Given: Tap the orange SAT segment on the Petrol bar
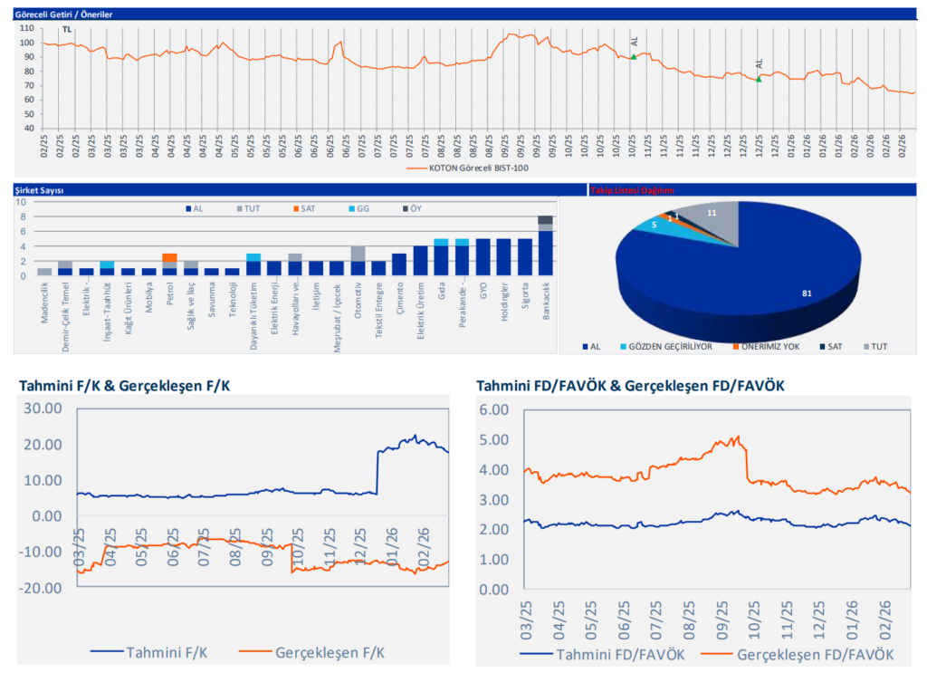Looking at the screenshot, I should tap(169, 257).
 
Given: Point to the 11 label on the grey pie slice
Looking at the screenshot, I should tap(712, 212).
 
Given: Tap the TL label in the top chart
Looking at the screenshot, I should tap(66, 30).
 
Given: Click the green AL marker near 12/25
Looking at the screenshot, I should tap(759, 79).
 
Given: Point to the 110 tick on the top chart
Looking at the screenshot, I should tap(25, 28).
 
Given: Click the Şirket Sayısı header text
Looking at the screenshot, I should tap(38, 190).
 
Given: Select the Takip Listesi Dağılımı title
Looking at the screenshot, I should tap(632, 190).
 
